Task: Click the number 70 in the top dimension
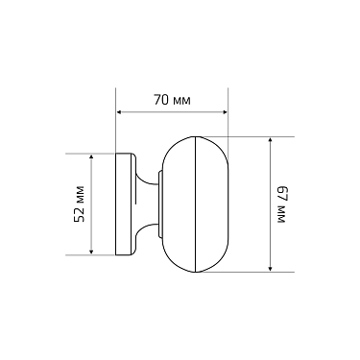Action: tap(161, 99)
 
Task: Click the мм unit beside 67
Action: tap(281, 216)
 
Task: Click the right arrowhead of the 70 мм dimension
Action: tap(226, 111)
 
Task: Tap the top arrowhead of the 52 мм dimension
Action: tap(91, 156)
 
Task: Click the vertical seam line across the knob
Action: tap(196, 204)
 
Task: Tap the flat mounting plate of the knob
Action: tap(123, 204)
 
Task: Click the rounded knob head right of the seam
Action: tap(213, 204)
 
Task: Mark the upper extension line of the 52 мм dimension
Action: tap(91, 152)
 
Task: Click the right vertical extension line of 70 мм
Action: tap(228, 120)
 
